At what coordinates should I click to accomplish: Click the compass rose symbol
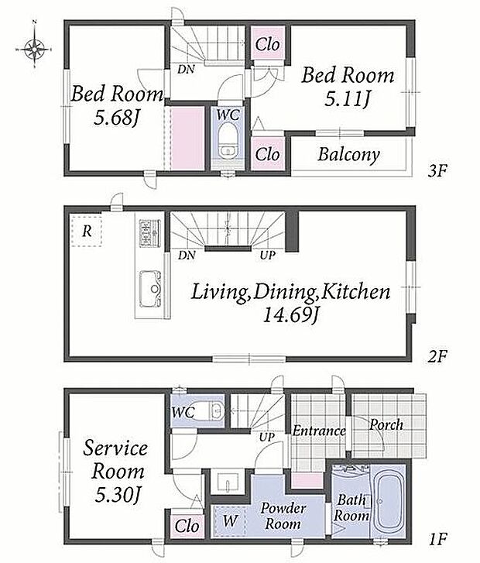pos(34,46)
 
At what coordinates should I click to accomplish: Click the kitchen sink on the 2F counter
pos(150,289)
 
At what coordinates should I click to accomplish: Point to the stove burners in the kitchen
pos(149,233)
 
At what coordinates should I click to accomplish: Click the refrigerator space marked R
pos(87,232)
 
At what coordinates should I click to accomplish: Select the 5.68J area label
pos(115,118)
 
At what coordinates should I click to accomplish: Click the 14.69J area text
pos(290,315)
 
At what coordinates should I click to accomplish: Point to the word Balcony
pos(348,154)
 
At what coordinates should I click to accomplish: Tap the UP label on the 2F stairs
pos(268,256)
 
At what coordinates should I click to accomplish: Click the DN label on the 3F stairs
pos(186,69)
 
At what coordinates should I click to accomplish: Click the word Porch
pos(386,425)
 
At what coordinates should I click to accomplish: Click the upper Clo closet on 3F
pos(268,44)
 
